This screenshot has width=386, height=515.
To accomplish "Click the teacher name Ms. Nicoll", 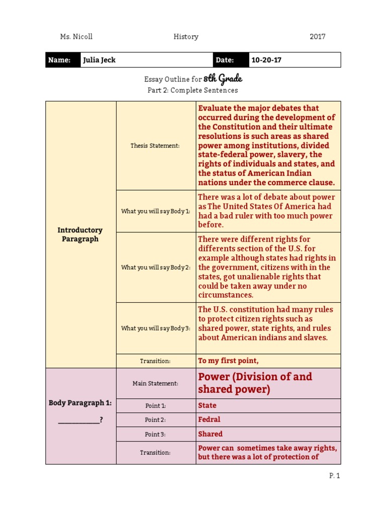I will click(x=76, y=37).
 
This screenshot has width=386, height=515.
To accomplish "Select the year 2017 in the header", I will click(x=317, y=37).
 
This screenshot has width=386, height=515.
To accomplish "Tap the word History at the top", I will click(x=186, y=37).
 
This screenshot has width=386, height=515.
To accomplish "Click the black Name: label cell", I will click(x=63, y=60).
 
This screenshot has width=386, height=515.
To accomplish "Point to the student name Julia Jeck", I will click(x=99, y=60).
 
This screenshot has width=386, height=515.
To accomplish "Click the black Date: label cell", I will click(x=231, y=60).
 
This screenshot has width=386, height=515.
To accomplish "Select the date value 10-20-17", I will click(x=266, y=60).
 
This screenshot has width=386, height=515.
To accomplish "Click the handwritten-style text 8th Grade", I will click(x=223, y=79).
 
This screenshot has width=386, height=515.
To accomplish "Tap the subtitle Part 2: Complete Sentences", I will click(x=192, y=91).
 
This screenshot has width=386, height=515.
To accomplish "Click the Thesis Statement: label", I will click(x=155, y=146).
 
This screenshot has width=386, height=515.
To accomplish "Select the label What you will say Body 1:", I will click(x=155, y=211).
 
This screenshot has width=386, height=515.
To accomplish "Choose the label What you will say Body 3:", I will click(x=155, y=328).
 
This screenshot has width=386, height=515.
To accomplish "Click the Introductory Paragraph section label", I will click(x=80, y=234).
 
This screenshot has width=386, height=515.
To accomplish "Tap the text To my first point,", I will click(x=228, y=361).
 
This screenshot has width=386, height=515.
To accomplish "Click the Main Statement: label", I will click(x=155, y=383).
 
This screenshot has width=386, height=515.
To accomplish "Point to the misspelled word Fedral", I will click(x=209, y=419).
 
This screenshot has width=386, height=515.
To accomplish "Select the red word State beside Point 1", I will click(x=207, y=405).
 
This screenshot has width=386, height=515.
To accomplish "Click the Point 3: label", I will click(x=155, y=434).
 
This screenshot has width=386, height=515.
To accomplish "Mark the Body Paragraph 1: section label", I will click(x=80, y=403).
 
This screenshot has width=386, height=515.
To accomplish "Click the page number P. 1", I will click(x=335, y=476).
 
